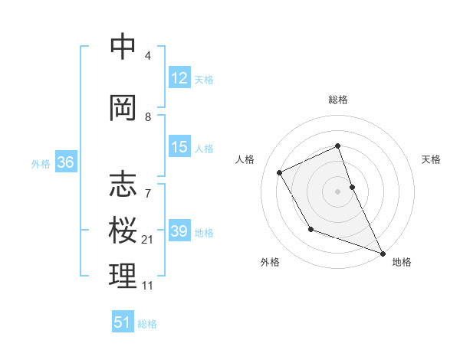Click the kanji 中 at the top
(x=123, y=47)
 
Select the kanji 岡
(x=123, y=108)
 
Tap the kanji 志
(x=123, y=185)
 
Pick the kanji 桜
(x=123, y=231)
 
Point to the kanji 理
(x=123, y=277)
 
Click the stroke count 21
(x=147, y=240)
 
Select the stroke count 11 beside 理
(x=147, y=286)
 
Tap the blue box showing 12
(x=179, y=78)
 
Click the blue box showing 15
(x=179, y=147)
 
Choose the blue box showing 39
(x=179, y=231)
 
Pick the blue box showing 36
(x=65, y=162)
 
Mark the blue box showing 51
(x=123, y=322)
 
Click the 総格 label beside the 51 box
(x=147, y=324)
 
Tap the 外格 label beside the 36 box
(x=41, y=163)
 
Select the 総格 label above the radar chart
(x=338, y=100)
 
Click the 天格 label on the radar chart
(x=432, y=159)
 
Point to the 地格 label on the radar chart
(x=402, y=262)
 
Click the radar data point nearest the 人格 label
(x=280, y=172)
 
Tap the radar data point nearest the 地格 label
(x=383, y=253)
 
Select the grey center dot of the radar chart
(x=338, y=191)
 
